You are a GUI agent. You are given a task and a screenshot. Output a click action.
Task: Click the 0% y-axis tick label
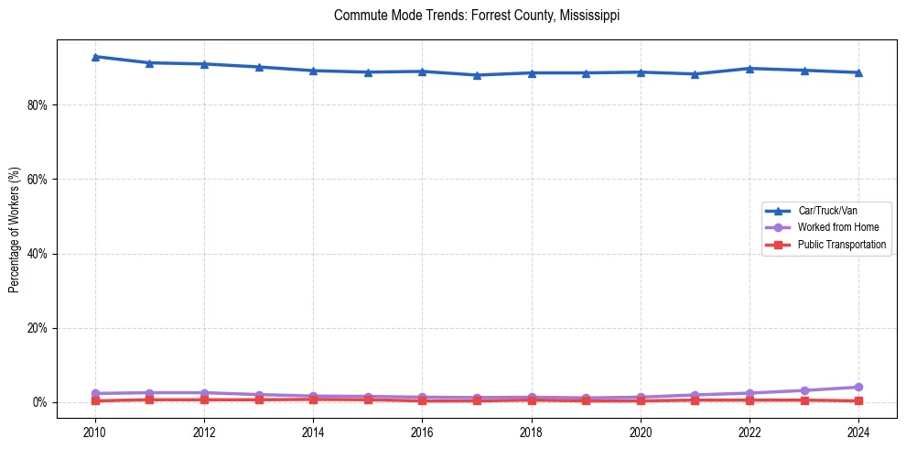tap(38, 402)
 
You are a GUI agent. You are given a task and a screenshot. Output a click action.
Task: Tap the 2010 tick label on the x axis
tap(95, 431)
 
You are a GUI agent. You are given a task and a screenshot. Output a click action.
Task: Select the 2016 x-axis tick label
tap(422, 431)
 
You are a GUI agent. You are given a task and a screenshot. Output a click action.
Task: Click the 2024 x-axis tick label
tap(858, 431)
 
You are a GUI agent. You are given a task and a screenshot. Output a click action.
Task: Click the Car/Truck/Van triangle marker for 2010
tap(95, 57)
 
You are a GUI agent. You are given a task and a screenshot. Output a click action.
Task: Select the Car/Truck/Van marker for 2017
tap(477, 75)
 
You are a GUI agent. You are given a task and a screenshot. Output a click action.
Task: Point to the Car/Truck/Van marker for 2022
tap(750, 68)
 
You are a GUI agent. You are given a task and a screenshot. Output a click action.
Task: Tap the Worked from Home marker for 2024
tap(858, 387)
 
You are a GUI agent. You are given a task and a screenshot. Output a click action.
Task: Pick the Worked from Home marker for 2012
tap(204, 392)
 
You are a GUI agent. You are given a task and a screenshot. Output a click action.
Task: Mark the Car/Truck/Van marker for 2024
tap(858, 72)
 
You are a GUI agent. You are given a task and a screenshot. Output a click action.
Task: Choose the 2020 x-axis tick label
tap(641, 431)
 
